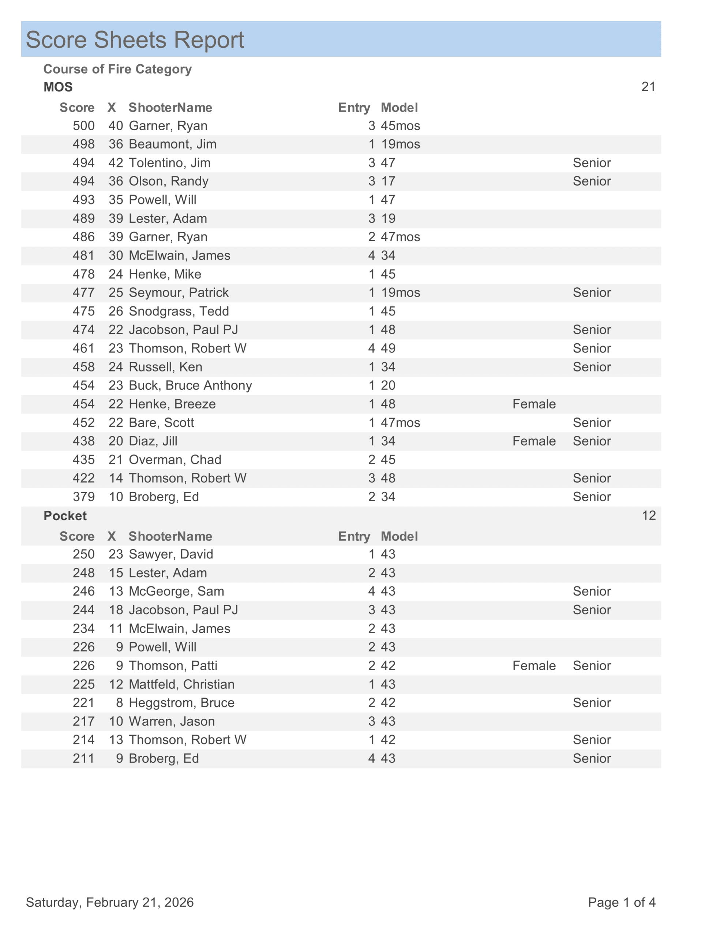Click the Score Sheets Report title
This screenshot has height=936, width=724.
(x=135, y=40)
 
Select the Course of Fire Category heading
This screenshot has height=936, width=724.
(x=117, y=69)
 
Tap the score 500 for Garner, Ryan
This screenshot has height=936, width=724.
(x=84, y=125)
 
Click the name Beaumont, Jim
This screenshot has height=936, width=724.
(x=172, y=144)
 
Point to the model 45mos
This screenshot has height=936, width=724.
(x=400, y=125)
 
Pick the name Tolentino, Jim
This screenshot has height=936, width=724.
(x=169, y=163)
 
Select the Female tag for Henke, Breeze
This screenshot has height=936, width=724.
(x=534, y=404)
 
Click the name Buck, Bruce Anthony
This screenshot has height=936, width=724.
(x=190, y=385)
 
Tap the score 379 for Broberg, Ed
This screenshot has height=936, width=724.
(x=84, y=497)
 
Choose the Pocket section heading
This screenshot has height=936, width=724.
(x=65, y=516)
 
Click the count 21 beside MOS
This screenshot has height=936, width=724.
(x=648, y=87)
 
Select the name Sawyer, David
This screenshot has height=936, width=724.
(x=171, y=554)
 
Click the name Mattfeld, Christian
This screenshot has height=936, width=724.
(x=181, y=684)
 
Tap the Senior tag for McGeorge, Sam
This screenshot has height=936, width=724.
(x=592, y=592)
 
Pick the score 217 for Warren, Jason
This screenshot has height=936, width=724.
(x=84, y=721)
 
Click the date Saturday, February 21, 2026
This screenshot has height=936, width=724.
(x=110, y=902)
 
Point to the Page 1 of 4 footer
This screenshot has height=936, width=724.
(x=622, y=902)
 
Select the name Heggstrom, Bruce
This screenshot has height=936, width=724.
(x=181, y=703)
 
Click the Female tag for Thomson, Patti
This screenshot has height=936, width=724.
(x=534, y=665)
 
